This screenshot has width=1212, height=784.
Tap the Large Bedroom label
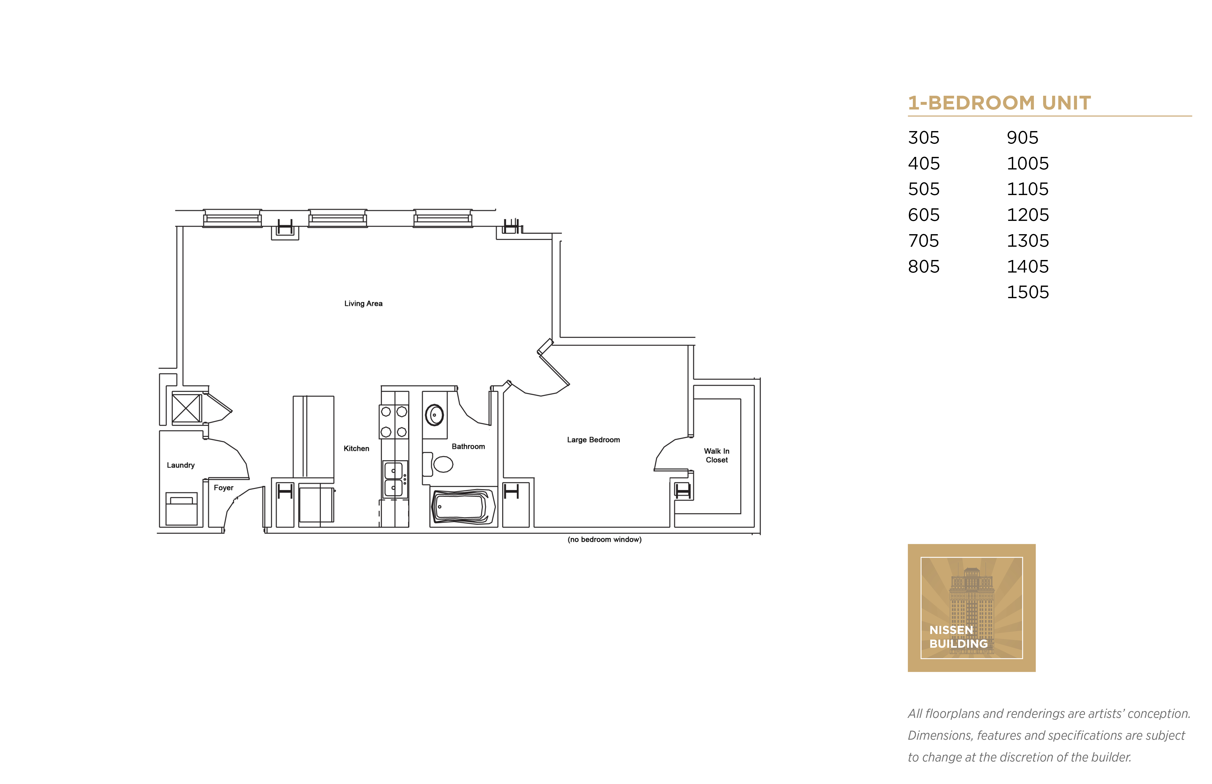coord(593,440)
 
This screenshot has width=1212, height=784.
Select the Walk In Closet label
coord(716,456)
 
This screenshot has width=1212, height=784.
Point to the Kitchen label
coord(356,448)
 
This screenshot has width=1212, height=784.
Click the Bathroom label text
coord(468,447)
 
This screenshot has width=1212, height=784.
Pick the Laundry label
coord(181,465)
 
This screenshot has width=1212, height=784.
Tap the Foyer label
coord(223,488)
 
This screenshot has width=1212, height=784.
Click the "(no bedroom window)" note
coord(604,540)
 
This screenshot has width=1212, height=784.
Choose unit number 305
coord(924,137)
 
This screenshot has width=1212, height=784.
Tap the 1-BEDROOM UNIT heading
coord(999,103)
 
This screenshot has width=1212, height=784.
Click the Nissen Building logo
coord(971,608)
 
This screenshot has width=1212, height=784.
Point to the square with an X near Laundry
coord(186,408)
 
